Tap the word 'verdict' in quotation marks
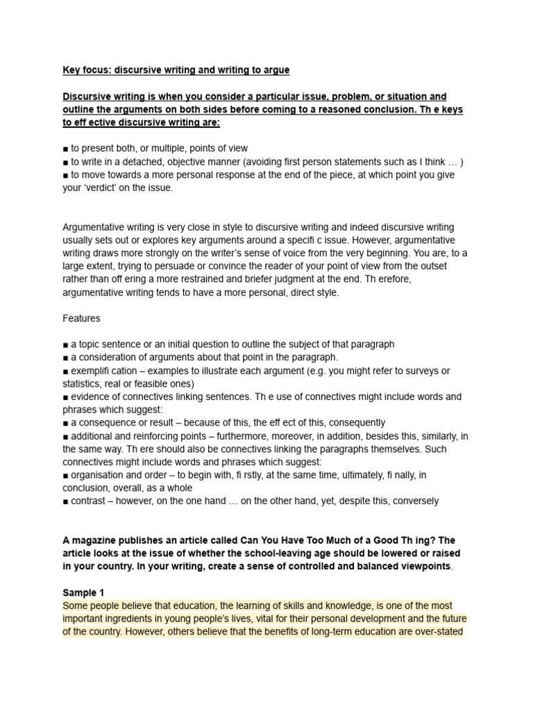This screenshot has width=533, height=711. [103, 187]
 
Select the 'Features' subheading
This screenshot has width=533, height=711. [81, 318]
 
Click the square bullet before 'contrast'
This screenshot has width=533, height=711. [65, 501]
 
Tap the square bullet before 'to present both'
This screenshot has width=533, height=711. [65, 149]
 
